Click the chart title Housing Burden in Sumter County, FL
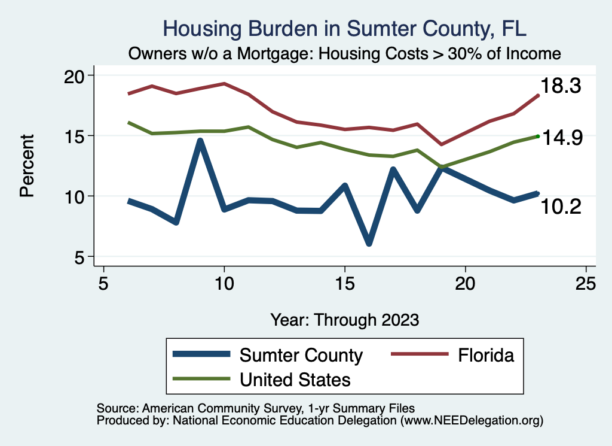(x=345, y=29)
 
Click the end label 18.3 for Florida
(x=561, y=86)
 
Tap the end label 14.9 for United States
(x=562, y=138)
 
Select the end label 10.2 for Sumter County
(x=561, y=207)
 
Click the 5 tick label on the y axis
(x=81, y=257)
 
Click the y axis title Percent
(x=26, y=166)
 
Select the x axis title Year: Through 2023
(x=345, y=319)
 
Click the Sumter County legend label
(x=301, y=355)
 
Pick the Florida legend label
(x=486, y=355)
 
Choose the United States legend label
(x=295, y=379)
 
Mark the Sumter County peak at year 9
(x=200, y=141)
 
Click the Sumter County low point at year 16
(x=369, y=243)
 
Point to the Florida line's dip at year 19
(x=441, y=144)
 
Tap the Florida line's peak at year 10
(x=224, y=84)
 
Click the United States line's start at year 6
(x=128, y=123)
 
